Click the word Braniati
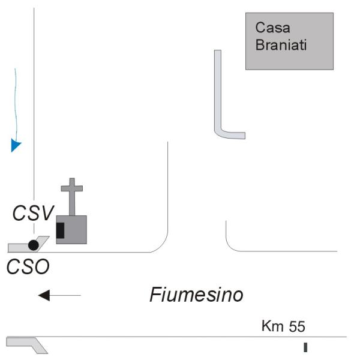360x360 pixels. tap(281, 45)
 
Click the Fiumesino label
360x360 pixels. tap(196, 295)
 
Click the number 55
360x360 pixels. tap(297, 327)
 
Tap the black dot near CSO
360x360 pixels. tap(34, 245)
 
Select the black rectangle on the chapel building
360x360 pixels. tap(61, 230)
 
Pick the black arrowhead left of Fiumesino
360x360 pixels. tap(43, 295)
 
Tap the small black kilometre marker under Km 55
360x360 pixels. tap(305, 347)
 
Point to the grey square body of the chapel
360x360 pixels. tap(76, 229)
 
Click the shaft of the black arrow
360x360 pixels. tap(66, 295)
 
